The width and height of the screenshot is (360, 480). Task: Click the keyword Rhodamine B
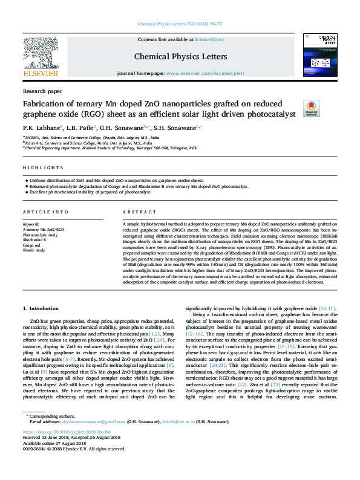pyautogui.click(x=34, y=239)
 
